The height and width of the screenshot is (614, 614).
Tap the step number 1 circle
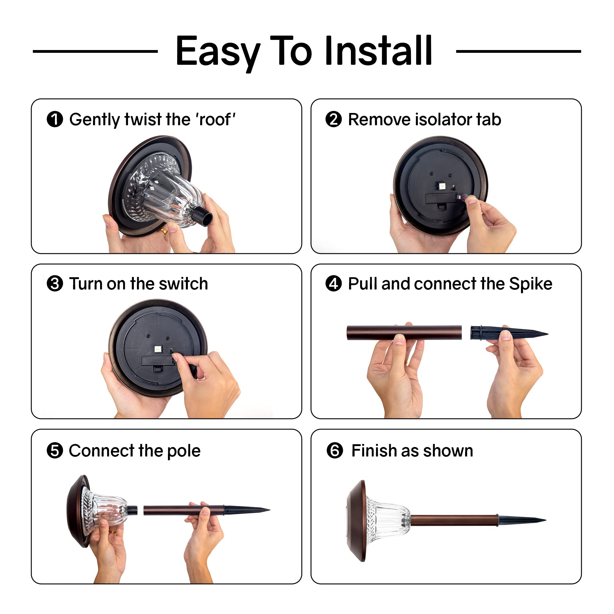point(55,119)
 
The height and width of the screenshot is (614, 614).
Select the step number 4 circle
point(333,283)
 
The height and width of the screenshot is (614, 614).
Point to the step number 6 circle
point(335,451)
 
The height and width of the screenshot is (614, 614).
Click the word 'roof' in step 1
point(216,120)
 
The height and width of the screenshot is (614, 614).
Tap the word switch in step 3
point(183,284)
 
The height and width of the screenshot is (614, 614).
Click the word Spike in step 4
point(530,284)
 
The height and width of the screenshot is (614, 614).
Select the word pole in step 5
point(184,451)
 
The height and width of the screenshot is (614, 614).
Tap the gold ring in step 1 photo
point(163,231)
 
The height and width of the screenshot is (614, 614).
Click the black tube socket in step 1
point(202,216)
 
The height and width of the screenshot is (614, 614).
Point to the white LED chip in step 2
point(441,186)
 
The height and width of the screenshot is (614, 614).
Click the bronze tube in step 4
point(404,332)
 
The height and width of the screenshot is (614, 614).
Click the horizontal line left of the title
point(95,51)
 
